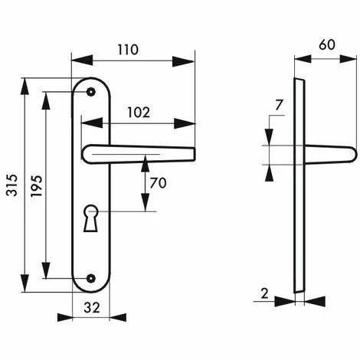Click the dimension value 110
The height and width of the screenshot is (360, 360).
(128, 50)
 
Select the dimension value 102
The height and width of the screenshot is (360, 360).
(139, 113)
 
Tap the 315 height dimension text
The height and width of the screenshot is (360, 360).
(12, 185)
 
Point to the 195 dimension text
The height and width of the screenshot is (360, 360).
(37, 186)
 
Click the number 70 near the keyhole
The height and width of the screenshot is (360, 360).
(158, 183)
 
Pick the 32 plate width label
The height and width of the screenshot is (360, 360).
(92, 308)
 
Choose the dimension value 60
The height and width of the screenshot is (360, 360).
(327, 44)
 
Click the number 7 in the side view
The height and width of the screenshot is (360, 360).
(279, 105)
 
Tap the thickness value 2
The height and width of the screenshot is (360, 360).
(264, 293)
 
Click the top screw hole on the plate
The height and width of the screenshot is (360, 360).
(91, 92)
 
